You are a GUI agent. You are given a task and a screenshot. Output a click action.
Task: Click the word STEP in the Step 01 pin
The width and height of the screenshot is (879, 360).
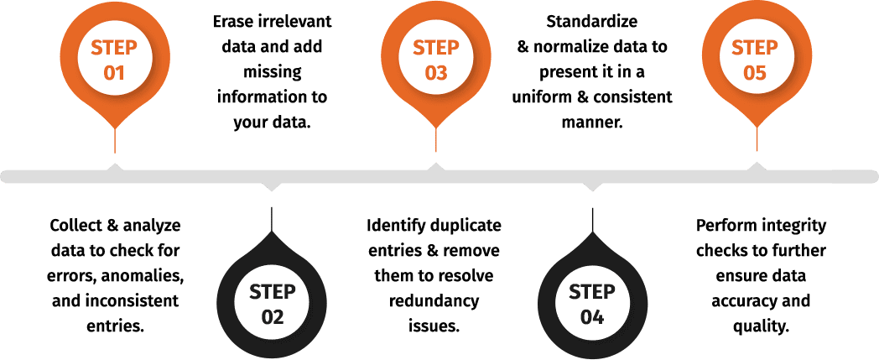[114, 47]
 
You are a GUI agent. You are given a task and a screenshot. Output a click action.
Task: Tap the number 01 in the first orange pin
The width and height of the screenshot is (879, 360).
[114, 73]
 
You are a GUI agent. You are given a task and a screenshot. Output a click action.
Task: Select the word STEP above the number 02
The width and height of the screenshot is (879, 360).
[273, 292]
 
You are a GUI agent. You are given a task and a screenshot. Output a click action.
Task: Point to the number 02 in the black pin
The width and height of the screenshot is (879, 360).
[273, 318]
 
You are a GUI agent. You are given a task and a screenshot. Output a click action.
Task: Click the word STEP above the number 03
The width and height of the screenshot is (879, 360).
[435, 47]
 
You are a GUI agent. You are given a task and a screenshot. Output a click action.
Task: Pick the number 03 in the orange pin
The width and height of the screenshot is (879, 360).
[435, 73]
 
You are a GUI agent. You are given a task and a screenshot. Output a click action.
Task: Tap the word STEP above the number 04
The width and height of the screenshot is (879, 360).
[592, 292]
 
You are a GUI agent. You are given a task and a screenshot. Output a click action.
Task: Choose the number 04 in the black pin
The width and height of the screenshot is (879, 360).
[592, 318]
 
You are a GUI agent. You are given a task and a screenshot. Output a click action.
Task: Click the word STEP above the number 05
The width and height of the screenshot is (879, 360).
[755, 47]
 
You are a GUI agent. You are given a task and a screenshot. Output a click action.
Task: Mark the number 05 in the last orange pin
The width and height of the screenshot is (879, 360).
[755, 73]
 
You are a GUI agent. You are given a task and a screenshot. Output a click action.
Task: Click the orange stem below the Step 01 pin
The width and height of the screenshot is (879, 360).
[114, 141]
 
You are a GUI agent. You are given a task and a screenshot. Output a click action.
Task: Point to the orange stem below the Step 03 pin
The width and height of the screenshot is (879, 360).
[435, 141]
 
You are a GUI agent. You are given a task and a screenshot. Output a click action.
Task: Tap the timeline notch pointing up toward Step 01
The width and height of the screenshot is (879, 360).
[114, 167]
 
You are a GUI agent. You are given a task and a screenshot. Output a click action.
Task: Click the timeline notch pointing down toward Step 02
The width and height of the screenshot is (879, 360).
[272, 186]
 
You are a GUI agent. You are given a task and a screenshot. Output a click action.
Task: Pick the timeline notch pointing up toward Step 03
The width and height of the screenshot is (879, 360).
[435, 167]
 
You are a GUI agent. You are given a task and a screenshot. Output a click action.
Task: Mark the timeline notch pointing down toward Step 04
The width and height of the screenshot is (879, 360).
[592, 186]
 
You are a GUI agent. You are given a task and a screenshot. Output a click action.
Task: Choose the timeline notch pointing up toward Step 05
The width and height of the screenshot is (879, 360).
[757, 167]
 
